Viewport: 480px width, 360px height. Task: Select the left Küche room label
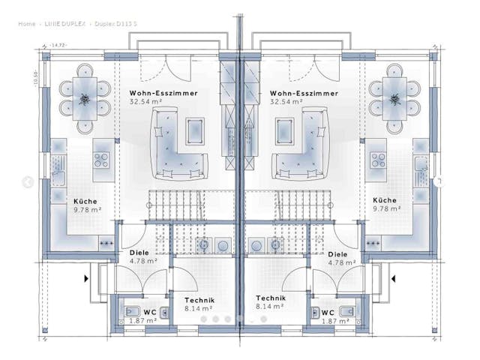85,201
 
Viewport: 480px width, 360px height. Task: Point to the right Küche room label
384,201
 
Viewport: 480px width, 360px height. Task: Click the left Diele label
139,253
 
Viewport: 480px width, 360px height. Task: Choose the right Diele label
337,253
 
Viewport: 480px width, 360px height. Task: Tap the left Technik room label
199,298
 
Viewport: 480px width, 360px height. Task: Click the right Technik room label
270,298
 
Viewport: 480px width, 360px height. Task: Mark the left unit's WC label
150,312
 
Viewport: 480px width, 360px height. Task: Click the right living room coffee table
284,130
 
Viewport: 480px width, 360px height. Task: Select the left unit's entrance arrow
87,278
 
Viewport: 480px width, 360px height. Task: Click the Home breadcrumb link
26,24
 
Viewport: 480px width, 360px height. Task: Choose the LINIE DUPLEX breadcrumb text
64,24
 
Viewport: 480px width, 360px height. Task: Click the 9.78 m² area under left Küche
87,210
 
